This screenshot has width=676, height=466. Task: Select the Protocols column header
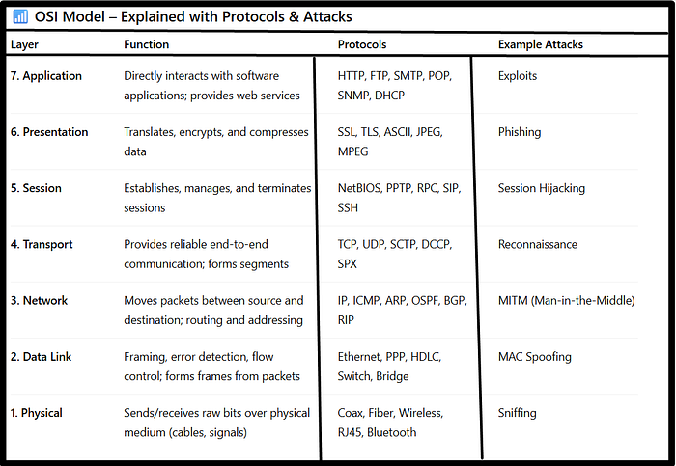tap(363, 45)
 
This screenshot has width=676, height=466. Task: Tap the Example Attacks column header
tap(541, 45)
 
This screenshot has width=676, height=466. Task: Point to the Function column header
tap(147, 45)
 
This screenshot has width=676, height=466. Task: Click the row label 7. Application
tap(45, 76)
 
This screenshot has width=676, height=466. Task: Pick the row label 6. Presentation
tap(48, 132)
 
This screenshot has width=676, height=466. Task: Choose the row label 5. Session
tap(37, 188)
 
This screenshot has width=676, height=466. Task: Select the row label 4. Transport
tap(42, 244)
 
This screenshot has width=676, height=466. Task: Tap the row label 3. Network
tap(39, 301)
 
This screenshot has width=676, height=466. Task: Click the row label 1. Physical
tap(36, 413)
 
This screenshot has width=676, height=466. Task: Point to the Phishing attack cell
tap(520, 132)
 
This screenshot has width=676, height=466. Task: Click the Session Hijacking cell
tap(542, 188)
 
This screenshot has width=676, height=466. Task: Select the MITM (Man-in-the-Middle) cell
tap(566, 301)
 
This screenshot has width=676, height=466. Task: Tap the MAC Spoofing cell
tap(535, 357)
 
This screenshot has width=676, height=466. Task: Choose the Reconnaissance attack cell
tap(538, 244)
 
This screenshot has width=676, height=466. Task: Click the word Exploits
tap(518, 76)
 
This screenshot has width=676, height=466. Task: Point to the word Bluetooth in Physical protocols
tap(392, 432)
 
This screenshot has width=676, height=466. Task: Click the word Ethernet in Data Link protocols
tap(359, 357)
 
